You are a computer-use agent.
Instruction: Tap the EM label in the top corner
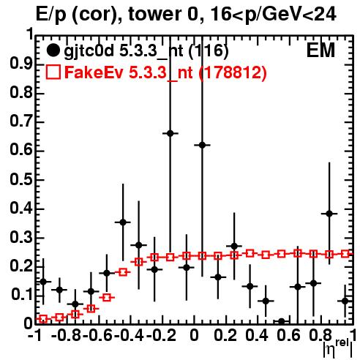[x=320, y=50]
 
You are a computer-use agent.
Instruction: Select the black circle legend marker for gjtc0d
[x=53, y=50]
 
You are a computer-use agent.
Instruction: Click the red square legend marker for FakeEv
[x=53, y=72]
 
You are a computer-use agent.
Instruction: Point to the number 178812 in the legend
[x=233, y=72]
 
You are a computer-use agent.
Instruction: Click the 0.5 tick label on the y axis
[x=21, y=180]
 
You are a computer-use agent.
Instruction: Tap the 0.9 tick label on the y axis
[x=21, y=64]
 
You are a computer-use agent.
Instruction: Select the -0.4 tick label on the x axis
[x=129, y=336]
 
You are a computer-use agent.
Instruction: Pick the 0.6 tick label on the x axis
[x=288, y=336]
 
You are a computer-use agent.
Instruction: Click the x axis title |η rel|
[x=338, y=349]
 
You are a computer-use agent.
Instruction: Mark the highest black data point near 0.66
[x=170, y=133]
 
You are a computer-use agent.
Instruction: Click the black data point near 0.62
[x=202, y=145]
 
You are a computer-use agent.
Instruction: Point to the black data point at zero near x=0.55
[x=282, y=321]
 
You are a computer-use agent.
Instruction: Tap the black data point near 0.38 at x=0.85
[x=329, y=214]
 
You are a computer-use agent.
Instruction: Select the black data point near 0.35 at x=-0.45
[x=123, y=222]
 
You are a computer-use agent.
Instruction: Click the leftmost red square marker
[x=43, y=319]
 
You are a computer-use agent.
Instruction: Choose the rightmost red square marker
[x=345, y=254]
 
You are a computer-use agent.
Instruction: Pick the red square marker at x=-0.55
[x=107, y=298]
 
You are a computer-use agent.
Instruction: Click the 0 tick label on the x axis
[x=194, y=336]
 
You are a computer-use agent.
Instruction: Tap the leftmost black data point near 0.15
[x=43, y=282]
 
